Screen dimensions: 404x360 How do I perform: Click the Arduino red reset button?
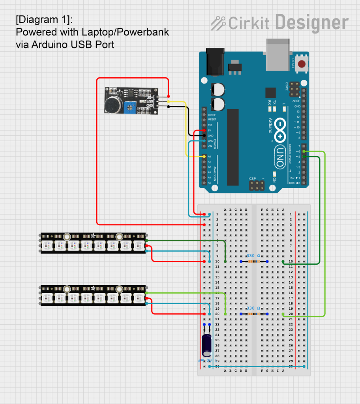point(302,64)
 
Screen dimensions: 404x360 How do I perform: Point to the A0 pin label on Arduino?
point(209,157)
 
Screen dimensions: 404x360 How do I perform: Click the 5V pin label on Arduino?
point(209,130)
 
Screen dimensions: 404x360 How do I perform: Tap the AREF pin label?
point(296,101)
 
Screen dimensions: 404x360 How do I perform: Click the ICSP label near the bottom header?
point(252,179)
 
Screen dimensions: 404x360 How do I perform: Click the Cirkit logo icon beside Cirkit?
point(218,23)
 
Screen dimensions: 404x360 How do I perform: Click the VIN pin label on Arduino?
point(210,146)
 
